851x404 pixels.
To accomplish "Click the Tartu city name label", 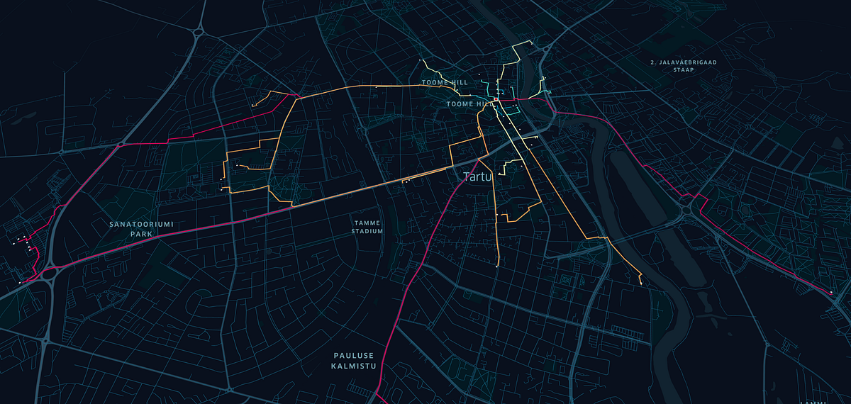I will pyautogui.click(x=477, y=176).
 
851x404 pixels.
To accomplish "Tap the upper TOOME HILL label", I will pyautogui.click(x=445, y=83).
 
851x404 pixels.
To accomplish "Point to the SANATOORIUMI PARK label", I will pyautogui.click(x=141, y=228).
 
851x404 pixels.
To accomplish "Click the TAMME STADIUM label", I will pyautogui.click(x=367, y=227).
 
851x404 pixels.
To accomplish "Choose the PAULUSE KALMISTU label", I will pyautogui.click(x=352, y=360).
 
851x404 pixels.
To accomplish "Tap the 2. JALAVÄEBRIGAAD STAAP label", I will pyautogui.click(x=683, y=67).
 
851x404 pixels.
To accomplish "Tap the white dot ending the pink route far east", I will pyautogui.click(x=830, y=292).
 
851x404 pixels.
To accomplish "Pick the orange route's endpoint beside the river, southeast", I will pyautogui.click(x=641, y=284).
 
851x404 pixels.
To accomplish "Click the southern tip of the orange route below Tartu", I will pyautogui.click(x=498, y=266).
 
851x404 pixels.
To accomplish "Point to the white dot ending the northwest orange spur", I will pyautogui.click(x=253, y=106).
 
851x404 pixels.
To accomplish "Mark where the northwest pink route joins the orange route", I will pyautogui.click(x=296, y=97).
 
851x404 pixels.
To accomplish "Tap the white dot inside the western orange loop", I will pyautogui.click(x=235, y=165).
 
